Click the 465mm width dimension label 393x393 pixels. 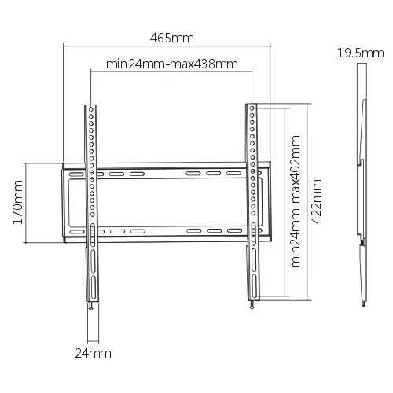tap(172, 39)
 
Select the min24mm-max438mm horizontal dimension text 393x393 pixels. tap(172, 64)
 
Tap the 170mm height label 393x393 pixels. tap(18, 202)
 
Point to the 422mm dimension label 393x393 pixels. tap(316, 202)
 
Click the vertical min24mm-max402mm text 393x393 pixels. tap(296, 201)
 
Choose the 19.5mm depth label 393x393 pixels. tap(361, 53)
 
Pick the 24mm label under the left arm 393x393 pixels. tap(94, 353)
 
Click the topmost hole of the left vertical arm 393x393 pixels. tap(91, 109)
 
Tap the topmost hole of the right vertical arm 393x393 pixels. tap(252, 108)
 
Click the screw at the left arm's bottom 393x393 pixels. tap(90, 306)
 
